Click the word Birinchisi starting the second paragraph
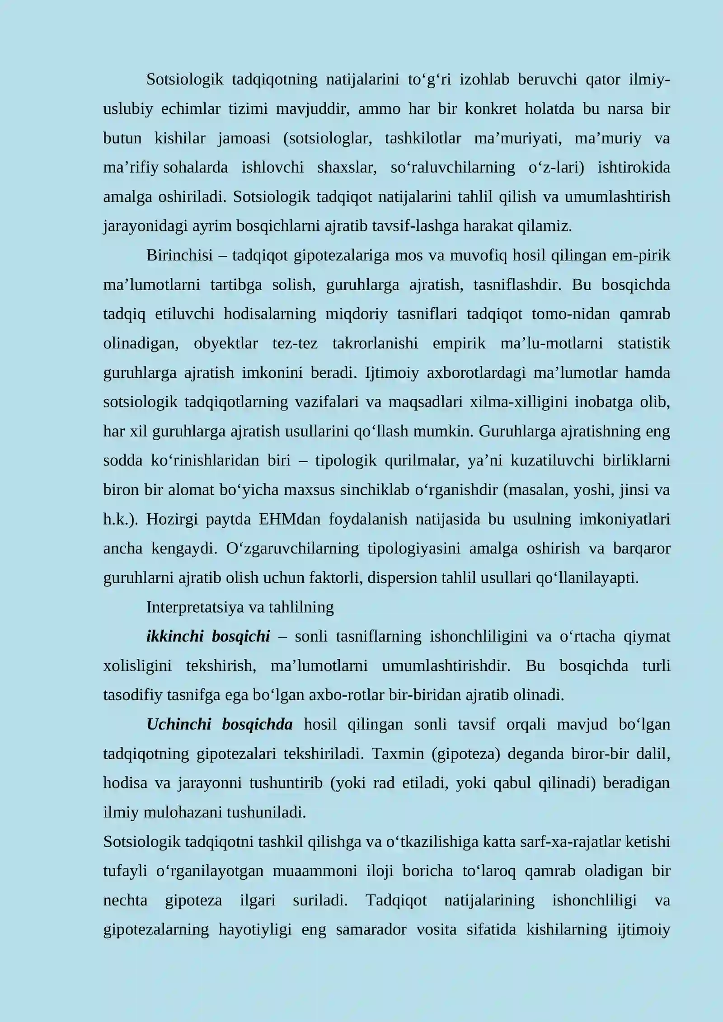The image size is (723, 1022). [179, 256]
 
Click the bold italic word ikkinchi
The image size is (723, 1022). [175, 637]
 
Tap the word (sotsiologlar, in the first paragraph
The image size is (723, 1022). [328, 138]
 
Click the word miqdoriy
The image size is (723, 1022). [357, 314]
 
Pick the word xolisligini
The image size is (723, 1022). [137, 666]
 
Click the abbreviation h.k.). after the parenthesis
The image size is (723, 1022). [121, 520]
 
